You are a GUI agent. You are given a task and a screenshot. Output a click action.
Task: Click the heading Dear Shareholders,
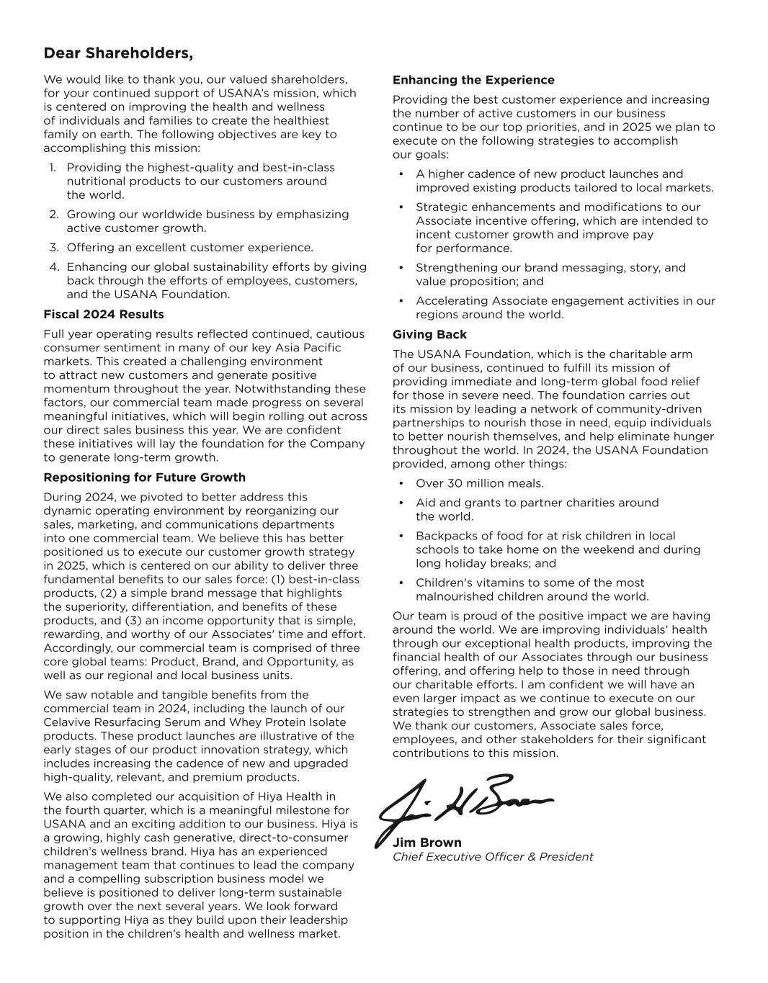pyautogui.click(x=118, y=53)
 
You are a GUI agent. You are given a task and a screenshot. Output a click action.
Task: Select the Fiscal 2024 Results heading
pyautogui.click(x=104, y=314)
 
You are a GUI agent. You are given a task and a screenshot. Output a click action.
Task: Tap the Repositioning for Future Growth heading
pyautogui.click(x=144, y=477)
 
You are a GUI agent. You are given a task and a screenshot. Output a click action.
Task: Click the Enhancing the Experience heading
pyautogui.click(x=473, y=80)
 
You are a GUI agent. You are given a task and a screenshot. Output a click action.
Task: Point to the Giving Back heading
pyautogui.click(x=429, y=334)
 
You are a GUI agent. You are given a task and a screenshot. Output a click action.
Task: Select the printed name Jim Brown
pyautogui.click(x=427, y=843)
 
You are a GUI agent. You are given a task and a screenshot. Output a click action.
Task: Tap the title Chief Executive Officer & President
pyautogui.click(x=493, y=857)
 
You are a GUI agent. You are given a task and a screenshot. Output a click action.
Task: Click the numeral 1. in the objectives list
pyautogui.click(x=53, y=168)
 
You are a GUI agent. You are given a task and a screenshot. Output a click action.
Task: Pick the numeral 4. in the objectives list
pyautogui.click(x=53, y=267)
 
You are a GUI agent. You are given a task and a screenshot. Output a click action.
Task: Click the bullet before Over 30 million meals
pyautogui.click(x=401, y=483)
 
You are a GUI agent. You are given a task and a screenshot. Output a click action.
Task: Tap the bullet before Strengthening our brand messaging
pyautogui.click(x=401, y=268)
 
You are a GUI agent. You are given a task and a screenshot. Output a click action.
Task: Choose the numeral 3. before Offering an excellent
pyautogui.click(x=53, y=248)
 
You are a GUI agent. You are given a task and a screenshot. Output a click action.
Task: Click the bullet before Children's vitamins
pyautogui.click(x=401, y=583)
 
